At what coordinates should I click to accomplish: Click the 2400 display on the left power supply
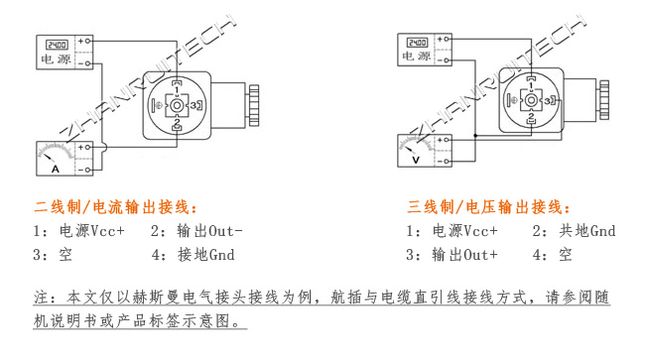56,43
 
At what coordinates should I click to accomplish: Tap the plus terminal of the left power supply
86,42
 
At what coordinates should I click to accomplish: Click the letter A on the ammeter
56,170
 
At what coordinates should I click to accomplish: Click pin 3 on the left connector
195,103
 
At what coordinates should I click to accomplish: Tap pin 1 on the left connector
176,83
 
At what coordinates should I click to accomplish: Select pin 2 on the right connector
532,118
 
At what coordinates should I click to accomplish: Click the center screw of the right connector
532,100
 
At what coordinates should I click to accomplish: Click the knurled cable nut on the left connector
253,103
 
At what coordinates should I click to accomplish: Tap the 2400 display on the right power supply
417,44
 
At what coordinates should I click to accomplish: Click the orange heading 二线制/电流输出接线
115,207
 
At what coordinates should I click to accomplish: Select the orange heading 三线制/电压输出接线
488,207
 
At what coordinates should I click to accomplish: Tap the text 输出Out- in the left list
209,231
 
